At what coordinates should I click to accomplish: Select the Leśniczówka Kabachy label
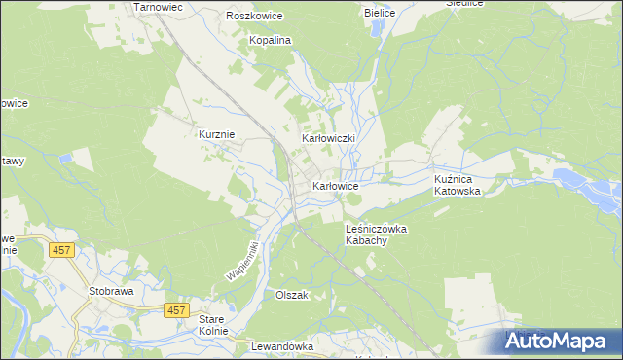(375, 234)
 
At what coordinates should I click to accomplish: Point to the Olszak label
(292, 295)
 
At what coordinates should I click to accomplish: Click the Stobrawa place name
(110, 290)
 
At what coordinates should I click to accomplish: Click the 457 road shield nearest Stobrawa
(61, 250)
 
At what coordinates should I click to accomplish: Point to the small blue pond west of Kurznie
(65, 156)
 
